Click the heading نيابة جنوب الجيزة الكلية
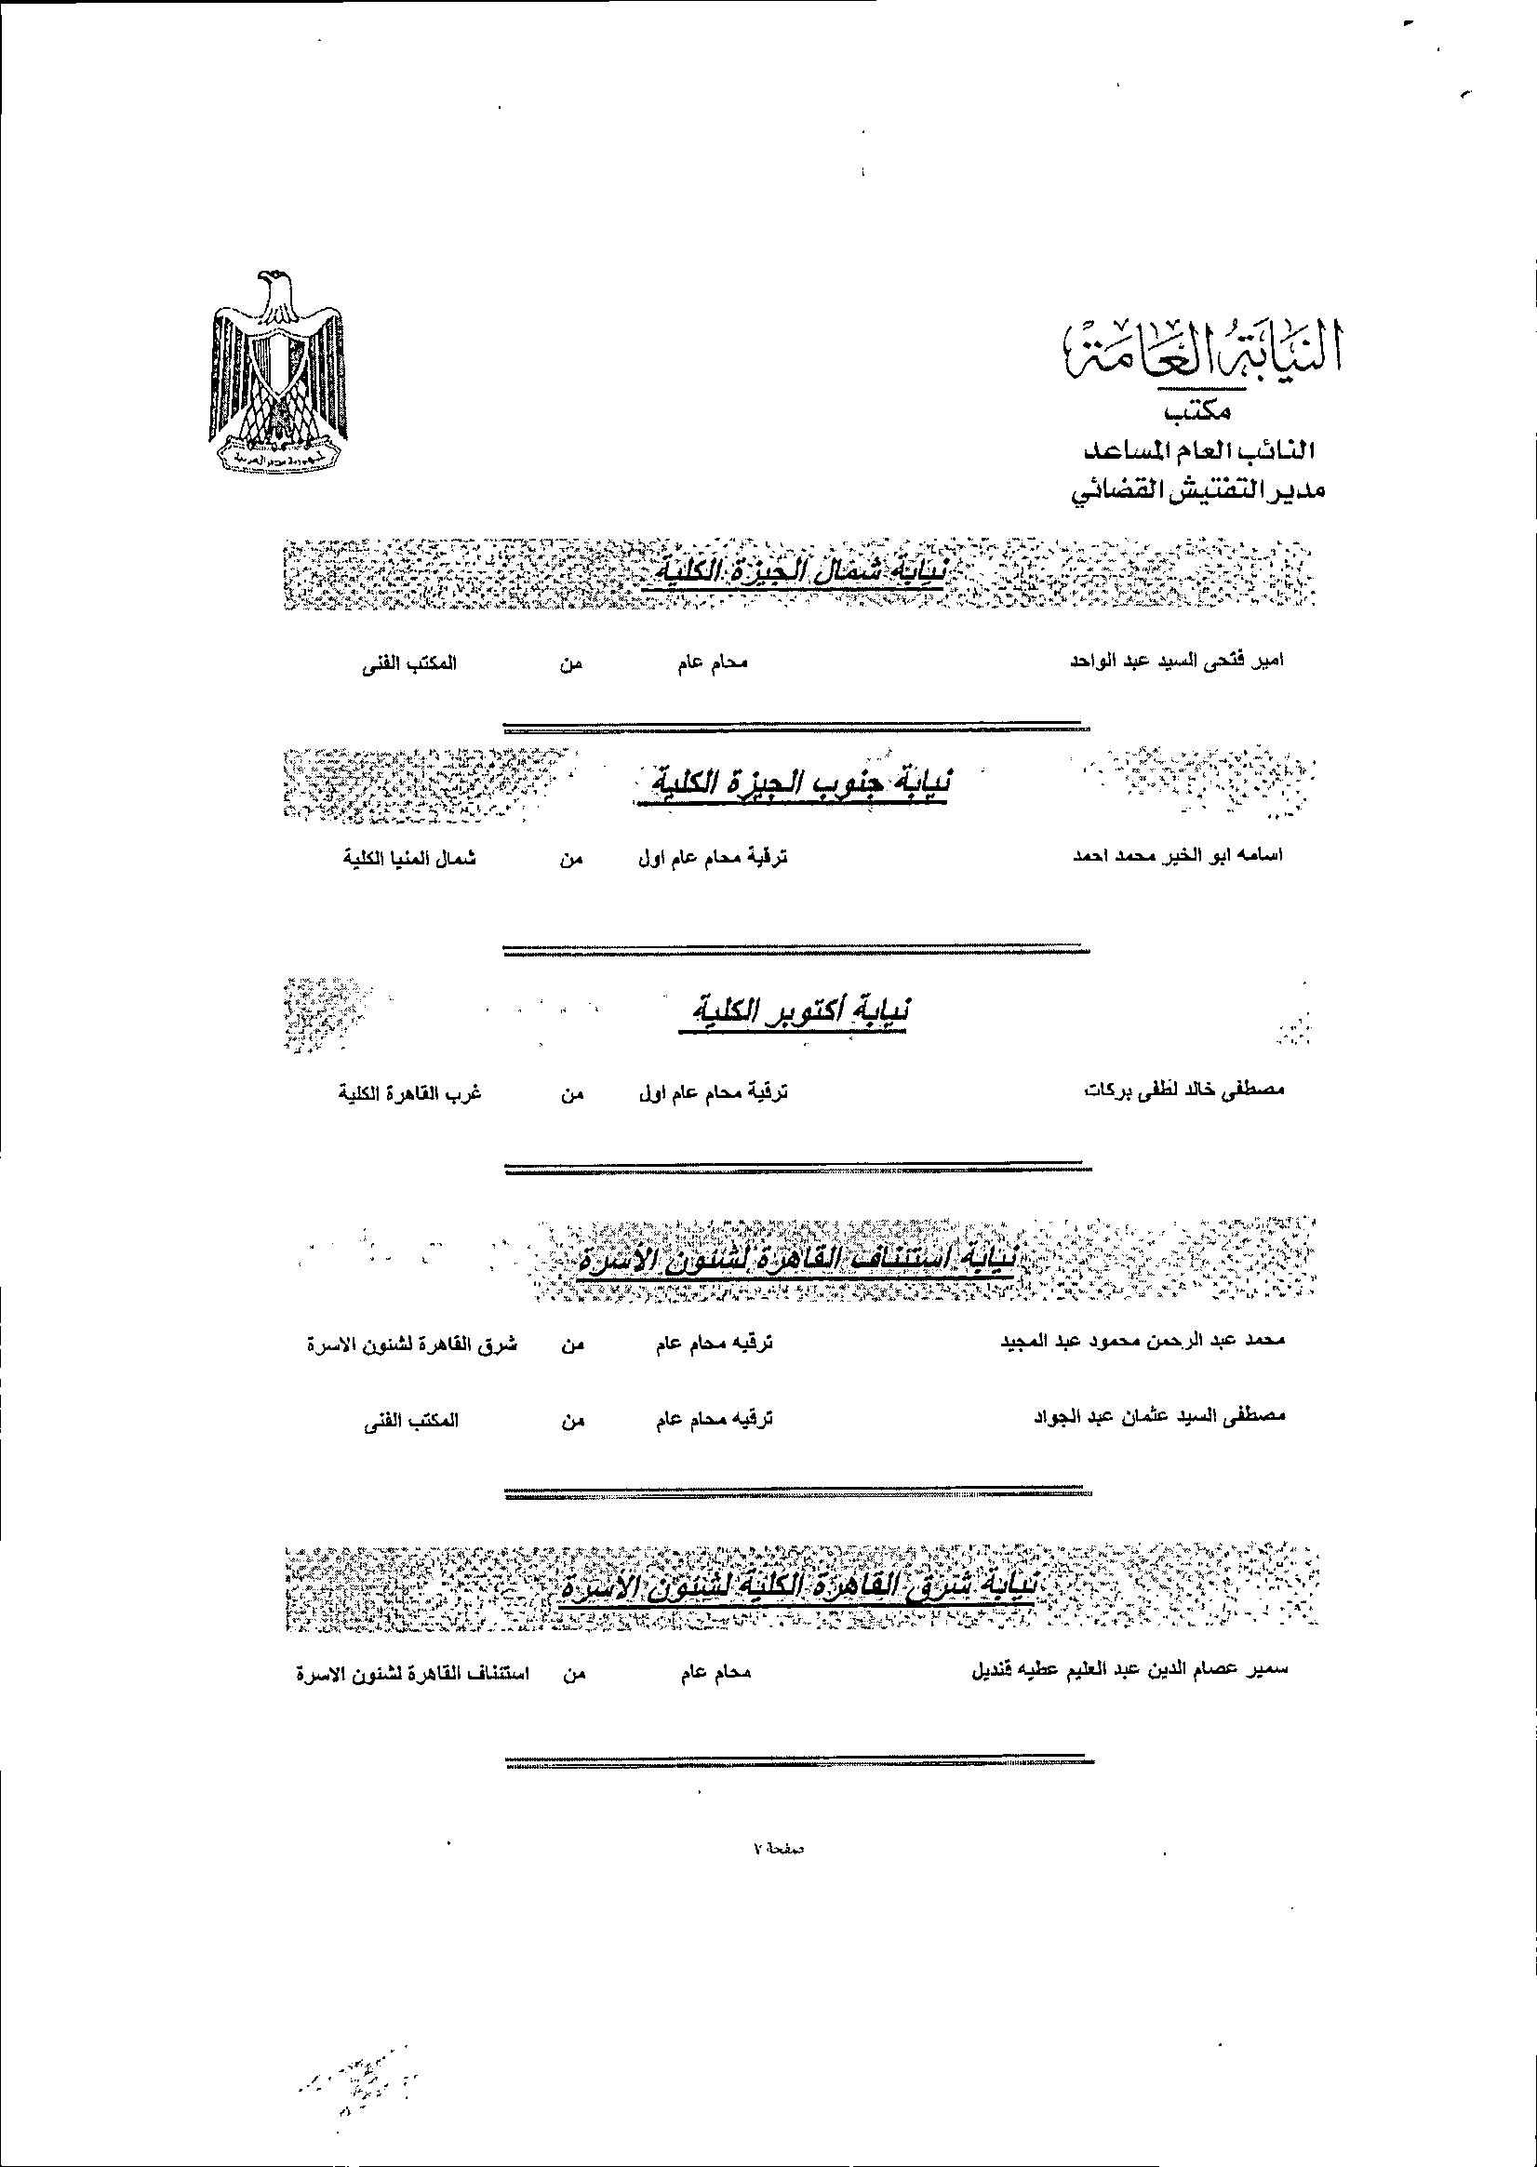point(792,785)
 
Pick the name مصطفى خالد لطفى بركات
point(1184,1091)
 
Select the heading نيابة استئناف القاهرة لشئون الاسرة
point(795,1262)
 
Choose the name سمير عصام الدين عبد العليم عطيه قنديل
point(1131,1670)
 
